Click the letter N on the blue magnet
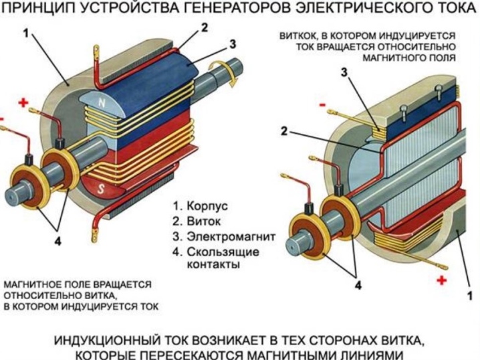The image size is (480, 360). pos(102,104)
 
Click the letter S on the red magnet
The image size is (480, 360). pos(101,189)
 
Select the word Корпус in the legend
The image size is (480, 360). pos(207,206)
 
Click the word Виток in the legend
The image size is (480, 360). pos(204,221)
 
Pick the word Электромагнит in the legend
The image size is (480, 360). pos(231,236)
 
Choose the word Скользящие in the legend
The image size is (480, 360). pos(223,252)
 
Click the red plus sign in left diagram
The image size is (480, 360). pos(23,102)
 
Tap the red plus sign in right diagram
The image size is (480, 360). pos(442,280)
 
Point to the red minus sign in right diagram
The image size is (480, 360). pos(323,106)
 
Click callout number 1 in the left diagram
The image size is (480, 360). pos(26,33)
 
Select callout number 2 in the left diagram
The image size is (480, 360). pos(205,28)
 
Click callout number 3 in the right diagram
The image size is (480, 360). pos(344,72)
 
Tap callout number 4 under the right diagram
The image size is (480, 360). pos(358,286)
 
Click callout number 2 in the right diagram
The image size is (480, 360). pos(285,131)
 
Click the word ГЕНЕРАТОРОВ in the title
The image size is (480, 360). pos(232,8)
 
